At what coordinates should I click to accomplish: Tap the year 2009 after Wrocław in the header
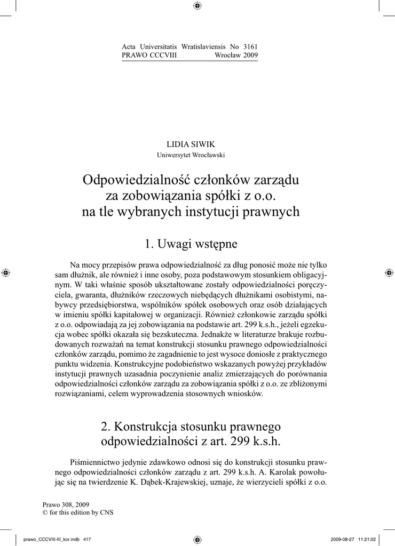click(x=250, y=55)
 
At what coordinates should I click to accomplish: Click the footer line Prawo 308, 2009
click(x=66, y=504)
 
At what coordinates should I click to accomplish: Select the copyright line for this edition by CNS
click(x=77, y=512)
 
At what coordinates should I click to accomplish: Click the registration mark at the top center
click(x=197, y=6)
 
